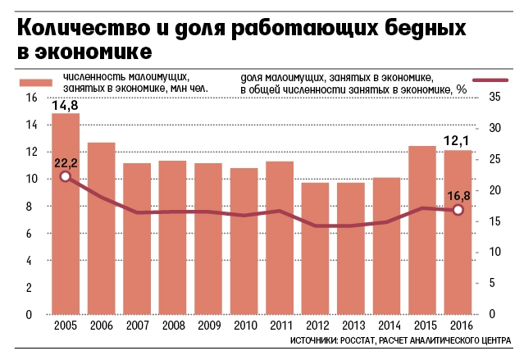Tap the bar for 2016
point(458,232)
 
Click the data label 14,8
point(66,105)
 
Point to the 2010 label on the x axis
point(244,326)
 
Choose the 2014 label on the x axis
point(386,326)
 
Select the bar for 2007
point(137,239)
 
